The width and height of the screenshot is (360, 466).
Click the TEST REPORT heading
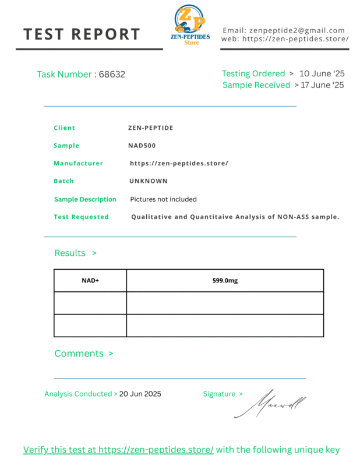click(x=82, y=34)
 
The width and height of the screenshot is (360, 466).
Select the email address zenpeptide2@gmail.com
click(x=297, y=30)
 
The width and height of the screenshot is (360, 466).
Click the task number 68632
click(x=112, y=75)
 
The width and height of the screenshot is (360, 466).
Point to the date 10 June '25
click(x=322, y=74)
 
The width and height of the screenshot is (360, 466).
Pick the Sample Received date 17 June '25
click(x=322, y=85)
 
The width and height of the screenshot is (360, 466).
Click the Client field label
click(x=64, y=128)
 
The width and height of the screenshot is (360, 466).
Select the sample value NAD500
click(x=142, y=146)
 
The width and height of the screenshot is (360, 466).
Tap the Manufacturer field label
click(x=78, y=164)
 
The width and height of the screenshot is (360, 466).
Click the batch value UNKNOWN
click(x=148, y=181)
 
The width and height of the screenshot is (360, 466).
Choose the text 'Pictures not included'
click(x=163, y=199)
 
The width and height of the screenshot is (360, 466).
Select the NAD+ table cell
click(x=90, y=281)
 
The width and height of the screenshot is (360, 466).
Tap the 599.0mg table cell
click(x=225, y=281)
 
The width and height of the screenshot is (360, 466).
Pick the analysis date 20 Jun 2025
click(x=140, y=394)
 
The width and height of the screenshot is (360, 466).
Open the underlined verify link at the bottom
click(x=118, y=450)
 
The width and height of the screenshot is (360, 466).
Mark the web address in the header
click(x=295, y=39)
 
